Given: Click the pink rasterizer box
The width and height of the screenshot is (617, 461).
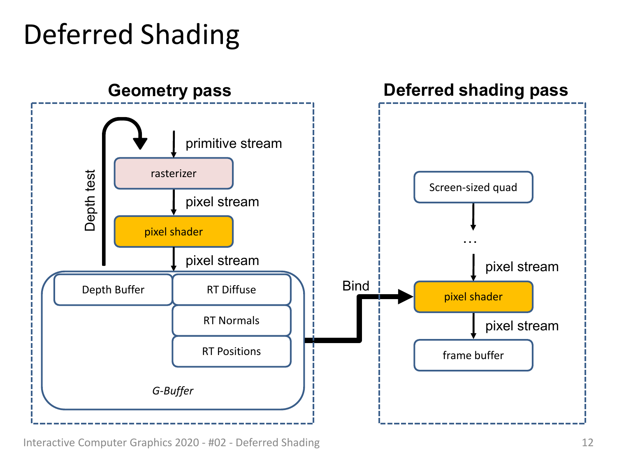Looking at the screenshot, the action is [x=174, y=173].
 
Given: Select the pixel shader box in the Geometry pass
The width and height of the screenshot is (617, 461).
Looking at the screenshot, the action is [x=174, y=231].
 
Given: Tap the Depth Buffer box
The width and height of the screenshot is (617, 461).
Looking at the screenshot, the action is [x=113, y=289].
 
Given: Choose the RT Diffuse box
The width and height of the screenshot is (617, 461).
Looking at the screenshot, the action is [x=231, y=289].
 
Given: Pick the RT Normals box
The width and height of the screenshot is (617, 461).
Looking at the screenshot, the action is [x=231, y=320].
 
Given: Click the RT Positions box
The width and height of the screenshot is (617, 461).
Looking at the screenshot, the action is [x=231, y=351].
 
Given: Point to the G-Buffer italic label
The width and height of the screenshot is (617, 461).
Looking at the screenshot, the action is [x=173, y=390].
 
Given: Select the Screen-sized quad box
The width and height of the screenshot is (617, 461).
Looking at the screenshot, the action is [x=473, y=187].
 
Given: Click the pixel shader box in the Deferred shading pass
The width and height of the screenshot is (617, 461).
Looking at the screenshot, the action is [x=473, y=297].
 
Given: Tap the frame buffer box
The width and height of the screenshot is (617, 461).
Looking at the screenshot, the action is [x=473, y=355].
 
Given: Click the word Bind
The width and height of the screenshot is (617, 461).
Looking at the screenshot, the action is [x=355, y=286].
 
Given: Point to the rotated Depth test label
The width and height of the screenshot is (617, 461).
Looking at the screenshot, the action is [x=90, y=200].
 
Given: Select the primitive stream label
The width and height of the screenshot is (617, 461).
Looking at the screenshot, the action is [x=234, y=143].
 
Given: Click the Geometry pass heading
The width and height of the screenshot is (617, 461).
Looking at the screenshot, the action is [x=169, y=90].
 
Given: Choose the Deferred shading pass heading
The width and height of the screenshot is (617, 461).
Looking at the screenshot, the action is [x=476, y=90].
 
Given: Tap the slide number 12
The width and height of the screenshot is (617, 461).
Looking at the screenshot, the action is [x=587, y=443].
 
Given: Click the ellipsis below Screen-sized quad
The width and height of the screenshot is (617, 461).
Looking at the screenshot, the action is [x=470, y=242].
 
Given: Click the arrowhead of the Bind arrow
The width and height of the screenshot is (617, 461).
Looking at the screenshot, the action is [x=405, y=297].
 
